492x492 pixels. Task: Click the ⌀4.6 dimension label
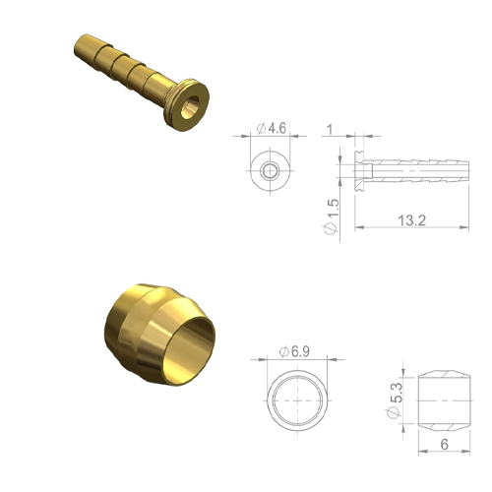(x=272, y=128)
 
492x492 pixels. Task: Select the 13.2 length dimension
(x=412, y=220)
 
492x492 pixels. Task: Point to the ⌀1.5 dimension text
(x=331, y=216)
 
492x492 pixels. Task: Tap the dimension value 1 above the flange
(x=330, y=130)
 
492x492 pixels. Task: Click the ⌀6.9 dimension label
(x=294, y=352)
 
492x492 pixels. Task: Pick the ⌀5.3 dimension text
(x=395, y=400)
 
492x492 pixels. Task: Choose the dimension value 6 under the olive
(x=445, y=445)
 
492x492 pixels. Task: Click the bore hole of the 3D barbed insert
(x=190, y=107)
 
